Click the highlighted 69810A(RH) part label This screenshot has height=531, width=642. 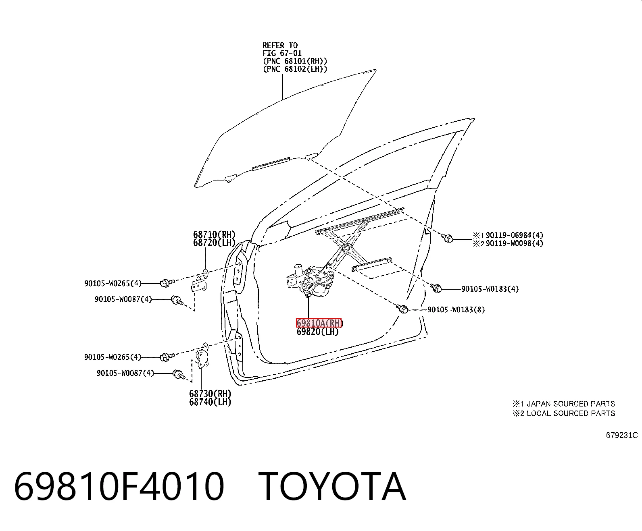pyautogui.click(x=319, y=323)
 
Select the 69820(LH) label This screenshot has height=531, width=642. pyautogui.click(x=318, y=332)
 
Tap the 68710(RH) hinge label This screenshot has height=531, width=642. pyautogui.click(x=214, y=234)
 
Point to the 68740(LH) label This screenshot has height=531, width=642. pyautogui.click(x=210, y=402)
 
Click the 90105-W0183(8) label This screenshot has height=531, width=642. pyautogui.click(x=456, y=309)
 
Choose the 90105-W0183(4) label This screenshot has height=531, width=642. pyautogui.click(x=490, y=289)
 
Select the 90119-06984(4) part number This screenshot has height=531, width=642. pyautogui.click(x=515, y=235)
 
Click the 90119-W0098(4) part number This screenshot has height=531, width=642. pyautogui.click(x=515, y=243)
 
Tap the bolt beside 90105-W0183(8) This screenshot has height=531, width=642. pyautogui.click(x=402, y=309)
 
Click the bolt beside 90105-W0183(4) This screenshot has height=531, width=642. pyautogui.click(x=436, y=288)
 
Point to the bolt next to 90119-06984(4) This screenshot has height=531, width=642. pyautogui.click(x=447, y=238)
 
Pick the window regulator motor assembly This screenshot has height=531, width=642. pyautogui.click(x=311, y=280)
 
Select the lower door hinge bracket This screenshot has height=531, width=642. pyautogui.click(x=202, y=356)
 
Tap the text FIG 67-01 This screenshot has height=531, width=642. pyautogui.click(x=282, y=53)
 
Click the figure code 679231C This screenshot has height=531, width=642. pyautogui.click(x=622, y=435)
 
